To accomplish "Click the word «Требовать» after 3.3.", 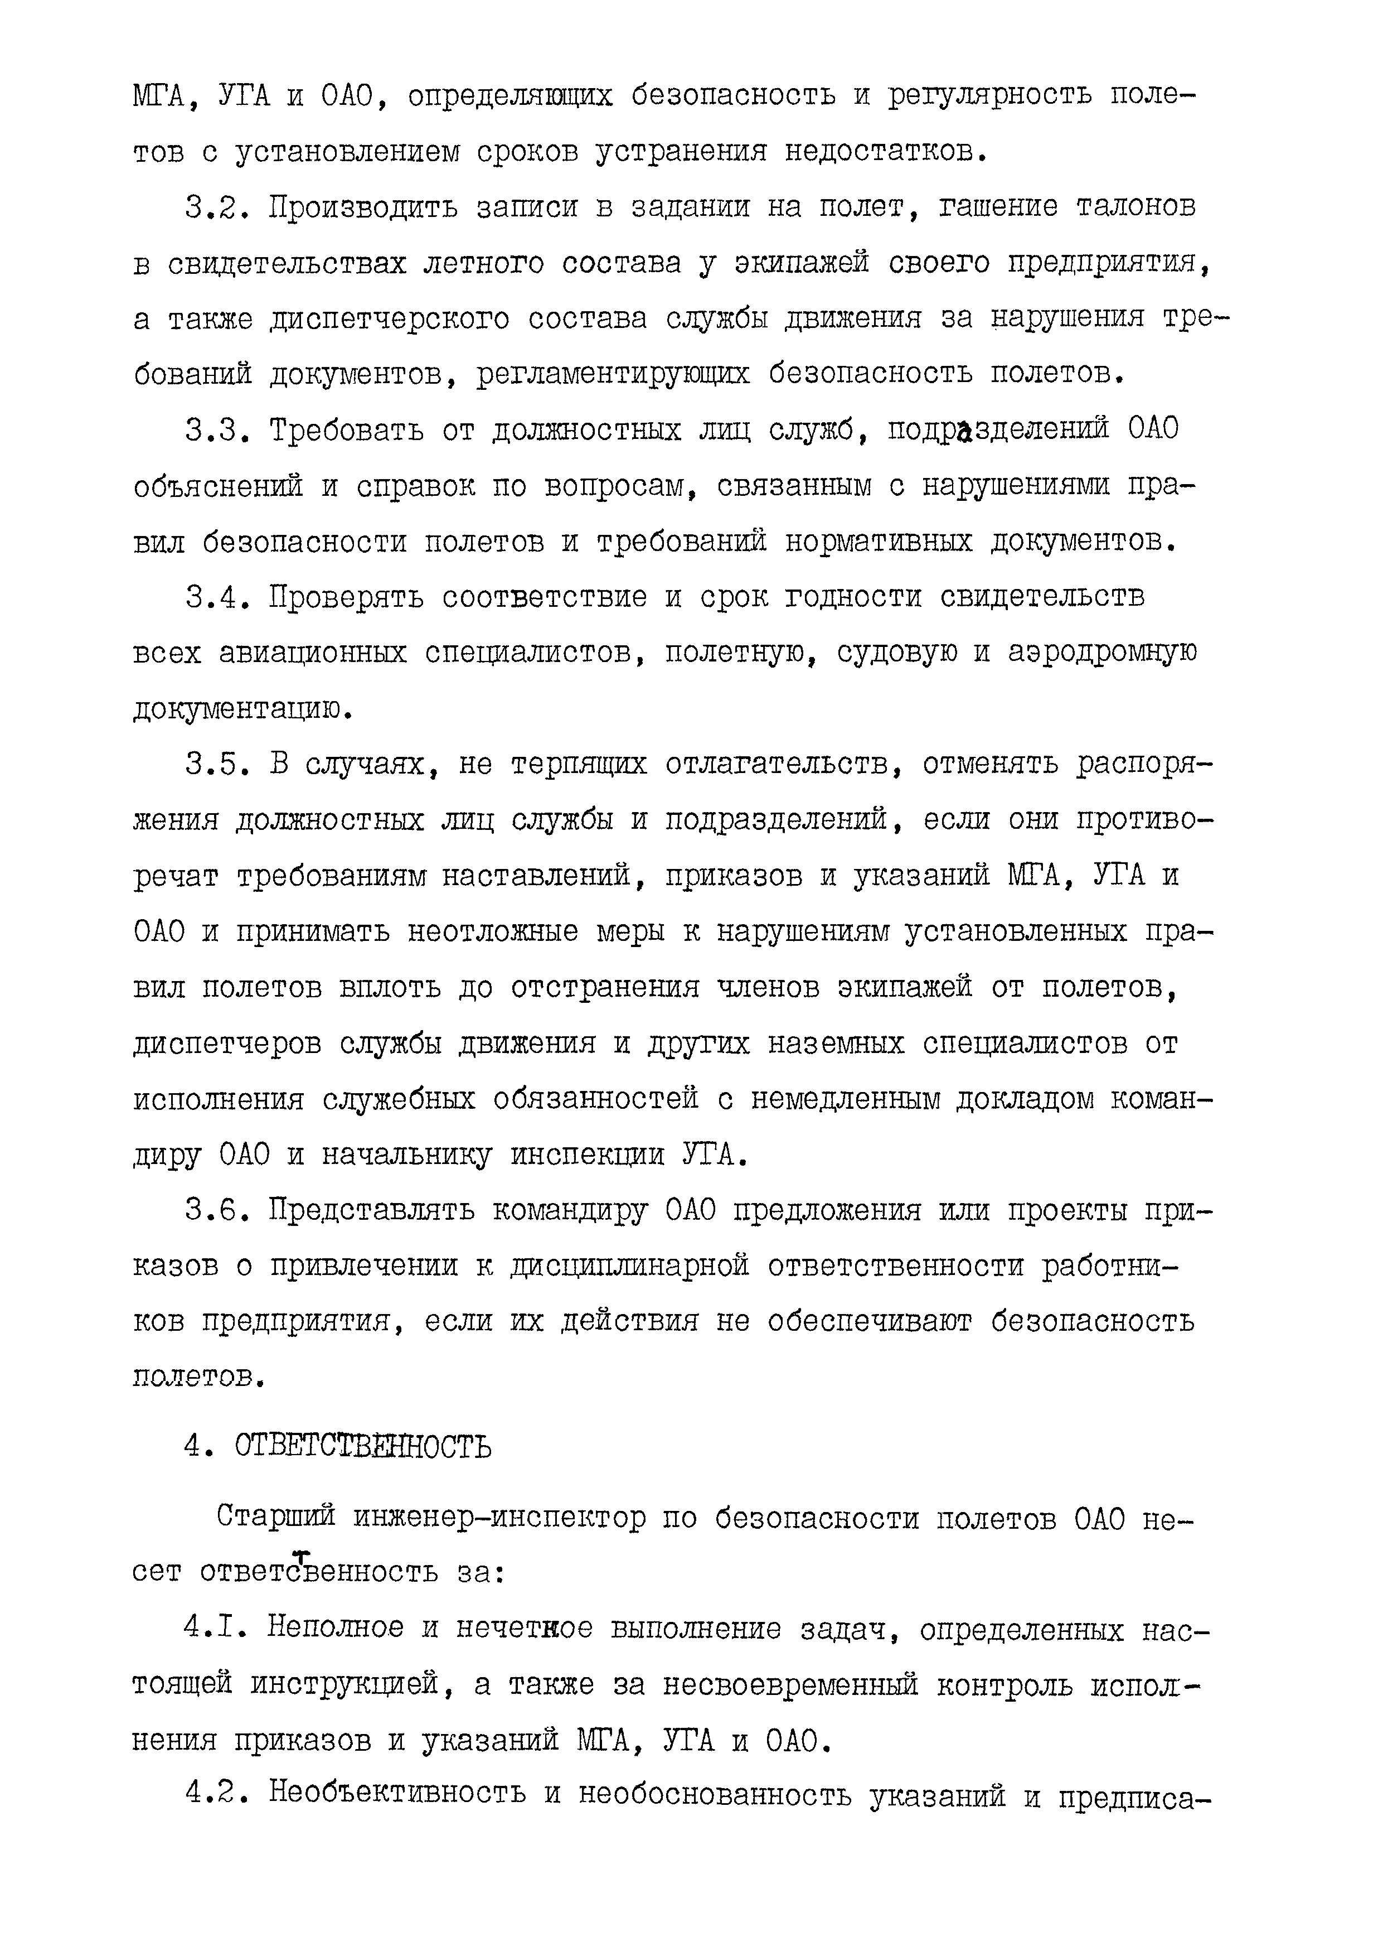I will pos(347,430).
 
